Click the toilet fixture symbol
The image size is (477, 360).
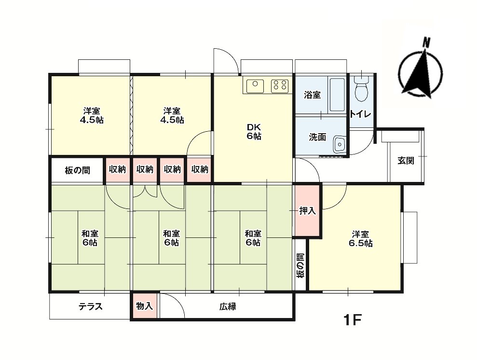(360, 89)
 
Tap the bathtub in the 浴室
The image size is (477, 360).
(337, 95)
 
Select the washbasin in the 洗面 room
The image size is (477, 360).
(340, 144)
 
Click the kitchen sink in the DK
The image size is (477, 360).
(255, 86)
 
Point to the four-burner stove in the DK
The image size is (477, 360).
(280, 86)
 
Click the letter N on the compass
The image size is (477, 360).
(426, 42)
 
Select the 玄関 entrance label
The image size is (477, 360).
(406, 161)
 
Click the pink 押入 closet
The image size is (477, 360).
(308, 210)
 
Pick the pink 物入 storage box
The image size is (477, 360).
(144, 306)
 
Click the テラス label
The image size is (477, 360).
(91, 306)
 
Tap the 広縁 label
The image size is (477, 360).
(228, 306)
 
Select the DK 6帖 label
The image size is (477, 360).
(254, 132)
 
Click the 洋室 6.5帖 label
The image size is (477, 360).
(361, 239)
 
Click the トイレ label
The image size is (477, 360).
(360, 114)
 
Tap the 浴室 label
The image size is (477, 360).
(312, 95)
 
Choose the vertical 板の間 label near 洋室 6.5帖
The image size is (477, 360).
(300, 266)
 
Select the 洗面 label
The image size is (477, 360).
(317, 138)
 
